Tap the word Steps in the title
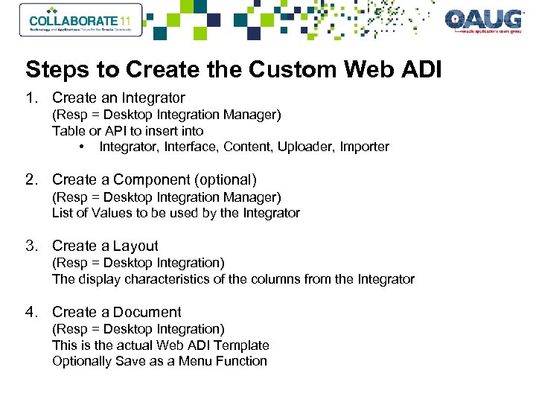tap(51, 70)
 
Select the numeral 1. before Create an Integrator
tap(31, 98)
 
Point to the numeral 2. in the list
tap(31, 179)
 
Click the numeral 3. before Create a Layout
tap(31, 246)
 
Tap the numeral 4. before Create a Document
tap(31, 312)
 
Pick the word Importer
tap(365, 147)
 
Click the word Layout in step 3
tap(135, 246)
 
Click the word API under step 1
tap(103, 130)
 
